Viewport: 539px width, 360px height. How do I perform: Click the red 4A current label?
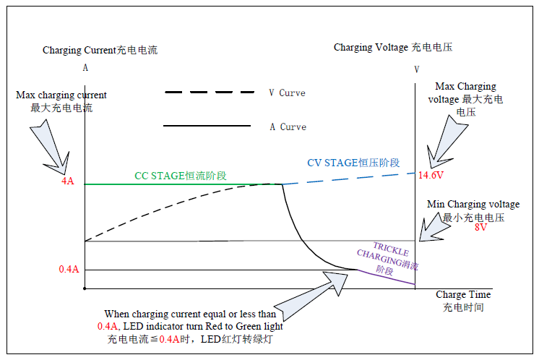68,181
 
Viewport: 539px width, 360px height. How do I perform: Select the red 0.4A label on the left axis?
69,269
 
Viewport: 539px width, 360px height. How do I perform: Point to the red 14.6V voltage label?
431,175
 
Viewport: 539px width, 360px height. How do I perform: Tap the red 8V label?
480,227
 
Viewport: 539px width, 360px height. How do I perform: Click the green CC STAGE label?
181,176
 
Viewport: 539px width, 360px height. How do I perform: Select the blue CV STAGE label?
353,163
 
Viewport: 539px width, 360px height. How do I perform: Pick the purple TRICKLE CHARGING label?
388,258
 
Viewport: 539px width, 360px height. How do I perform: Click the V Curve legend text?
287,93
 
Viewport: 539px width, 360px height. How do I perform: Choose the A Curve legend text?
288,127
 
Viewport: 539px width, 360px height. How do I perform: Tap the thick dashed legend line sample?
210,92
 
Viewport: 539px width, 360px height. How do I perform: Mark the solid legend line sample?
207,126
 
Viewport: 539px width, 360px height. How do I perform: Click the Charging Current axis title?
100,50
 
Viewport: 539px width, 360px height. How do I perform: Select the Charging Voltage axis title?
393,47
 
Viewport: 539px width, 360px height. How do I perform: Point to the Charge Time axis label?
463,301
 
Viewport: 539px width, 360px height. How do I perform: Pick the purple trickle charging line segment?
386,277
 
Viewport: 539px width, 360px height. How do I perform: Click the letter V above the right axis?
417,69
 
